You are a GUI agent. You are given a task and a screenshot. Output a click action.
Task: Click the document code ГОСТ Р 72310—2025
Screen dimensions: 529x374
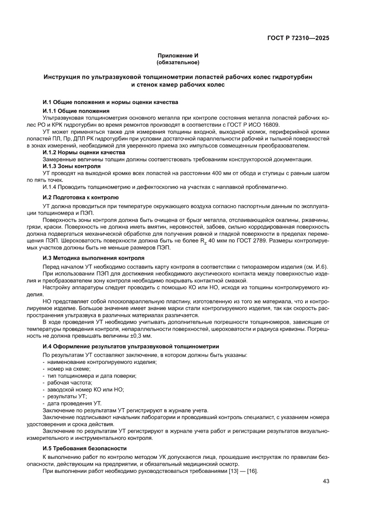(x=298, y=38)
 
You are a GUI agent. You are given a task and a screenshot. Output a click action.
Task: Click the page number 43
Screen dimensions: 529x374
(x=326, y=481)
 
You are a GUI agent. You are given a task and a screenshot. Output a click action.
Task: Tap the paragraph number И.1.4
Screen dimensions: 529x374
(x=51, y=187)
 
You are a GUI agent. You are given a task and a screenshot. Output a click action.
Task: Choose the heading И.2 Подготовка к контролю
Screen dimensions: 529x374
(x=80, y=197)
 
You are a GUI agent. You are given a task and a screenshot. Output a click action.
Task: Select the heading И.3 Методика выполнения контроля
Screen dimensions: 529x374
(x=93, y=258)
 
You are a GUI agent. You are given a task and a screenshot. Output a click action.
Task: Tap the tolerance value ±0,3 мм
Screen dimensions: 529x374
(x=137, y=336)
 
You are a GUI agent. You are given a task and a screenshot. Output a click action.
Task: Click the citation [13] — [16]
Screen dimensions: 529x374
(x=242, y=471)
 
